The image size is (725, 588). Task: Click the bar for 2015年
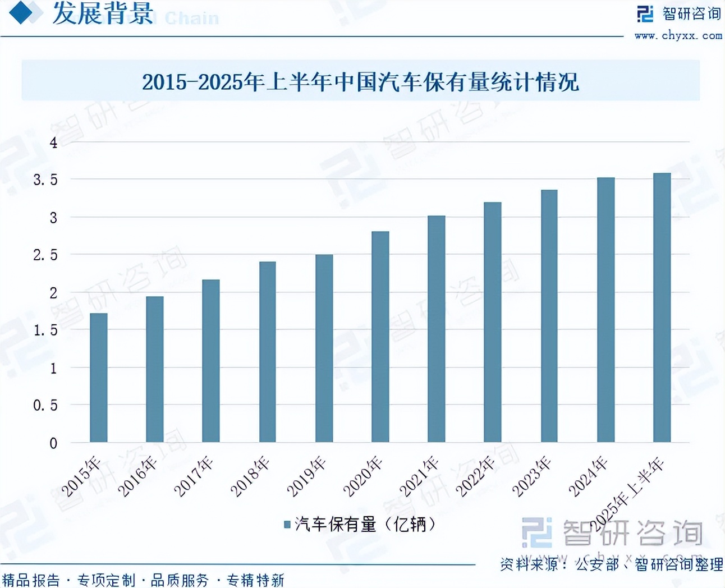99,378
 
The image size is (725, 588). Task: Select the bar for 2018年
268,352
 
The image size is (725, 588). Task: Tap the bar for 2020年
380,337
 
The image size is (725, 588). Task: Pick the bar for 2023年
549,316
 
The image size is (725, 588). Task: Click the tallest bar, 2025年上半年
662,307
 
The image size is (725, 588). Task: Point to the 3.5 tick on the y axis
45,180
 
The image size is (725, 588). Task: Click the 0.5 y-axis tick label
45,405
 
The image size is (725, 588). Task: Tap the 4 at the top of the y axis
53,143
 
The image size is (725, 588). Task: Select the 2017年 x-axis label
194,477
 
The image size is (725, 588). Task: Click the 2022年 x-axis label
475,477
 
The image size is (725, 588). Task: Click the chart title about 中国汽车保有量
360,82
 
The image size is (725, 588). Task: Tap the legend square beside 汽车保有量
287,525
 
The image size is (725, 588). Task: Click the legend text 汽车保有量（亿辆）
365,525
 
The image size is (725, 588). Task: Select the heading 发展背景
103,13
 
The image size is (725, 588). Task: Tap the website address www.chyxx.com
678,35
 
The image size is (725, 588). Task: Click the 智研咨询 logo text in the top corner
691,13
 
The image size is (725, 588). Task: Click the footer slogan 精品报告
31,580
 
